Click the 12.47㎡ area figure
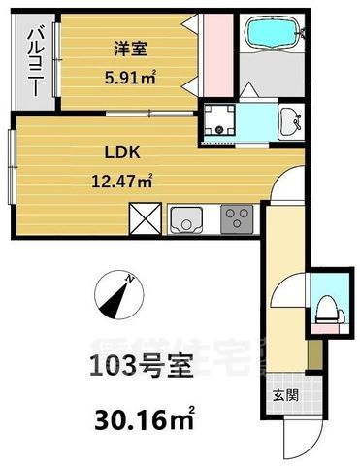pyautogui.click(x=129, y=179)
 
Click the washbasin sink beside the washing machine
pyautogui.click(x=289, y=123)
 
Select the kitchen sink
pyautogui.click(x=185, y=220)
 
